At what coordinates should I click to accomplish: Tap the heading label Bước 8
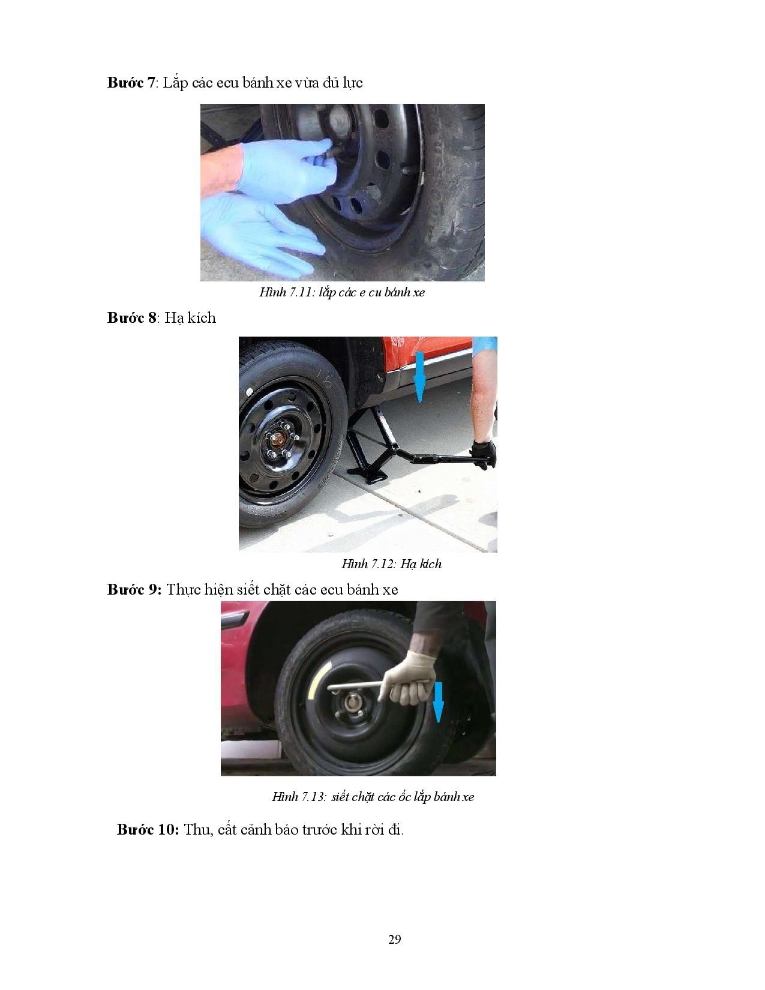coord(131,317)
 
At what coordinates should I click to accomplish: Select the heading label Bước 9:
coord(134,590)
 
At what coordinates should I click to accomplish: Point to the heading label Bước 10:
coord(148,829)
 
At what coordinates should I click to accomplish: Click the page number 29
coord(395,939)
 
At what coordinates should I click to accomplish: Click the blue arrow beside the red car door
coord(420,376)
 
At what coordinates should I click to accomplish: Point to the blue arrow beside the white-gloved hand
coord(438,703)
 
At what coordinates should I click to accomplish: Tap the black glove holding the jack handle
coord(484,454)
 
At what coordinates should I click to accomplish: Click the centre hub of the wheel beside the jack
coord(277,440)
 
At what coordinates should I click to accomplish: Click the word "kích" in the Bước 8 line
coord(201,317)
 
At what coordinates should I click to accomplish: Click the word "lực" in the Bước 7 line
coord(353,83)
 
